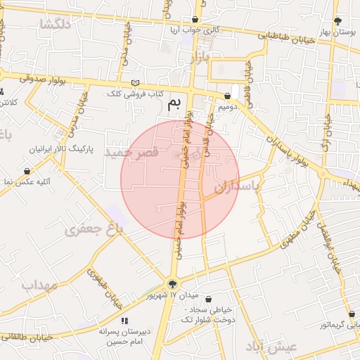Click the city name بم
pyautogui.click(x=174, y=105)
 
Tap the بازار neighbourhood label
pyautogui.click(x=200, y=58)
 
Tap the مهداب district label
pyautogui.click(x=39, y=285)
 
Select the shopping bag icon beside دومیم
pyautogui.click(x=229, y=96)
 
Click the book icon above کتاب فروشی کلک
pyautogui.click(x=135, y=83)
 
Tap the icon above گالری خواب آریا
pyautogui.click(x=194, y=20)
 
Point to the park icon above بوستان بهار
pyautogui.click(x=338, y=21)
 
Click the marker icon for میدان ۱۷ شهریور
pyautogui.click(x=173, y=284)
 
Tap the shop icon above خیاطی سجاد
pyautogui.click(x=207, y=299)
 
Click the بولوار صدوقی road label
pyautogui.click(x=44, y=79)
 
